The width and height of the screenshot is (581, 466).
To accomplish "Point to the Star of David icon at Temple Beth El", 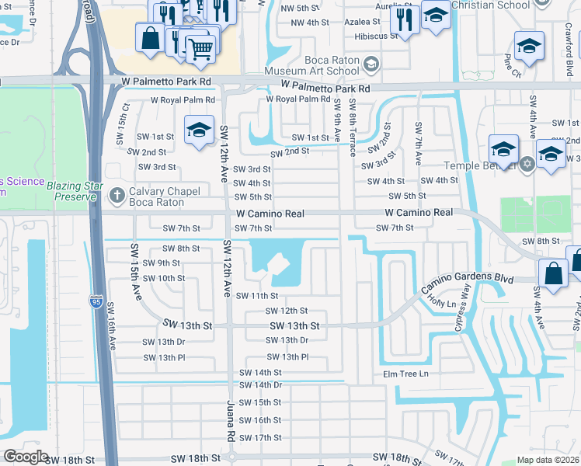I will [x=527, y=164].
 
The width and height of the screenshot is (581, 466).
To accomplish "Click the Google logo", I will [x=26, y=457].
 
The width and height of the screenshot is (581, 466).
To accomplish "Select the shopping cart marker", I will [x=200, y=48].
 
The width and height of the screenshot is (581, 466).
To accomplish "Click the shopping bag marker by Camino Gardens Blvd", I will [x=552, y=273].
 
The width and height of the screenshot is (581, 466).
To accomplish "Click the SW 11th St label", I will [x=257, y=295].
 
